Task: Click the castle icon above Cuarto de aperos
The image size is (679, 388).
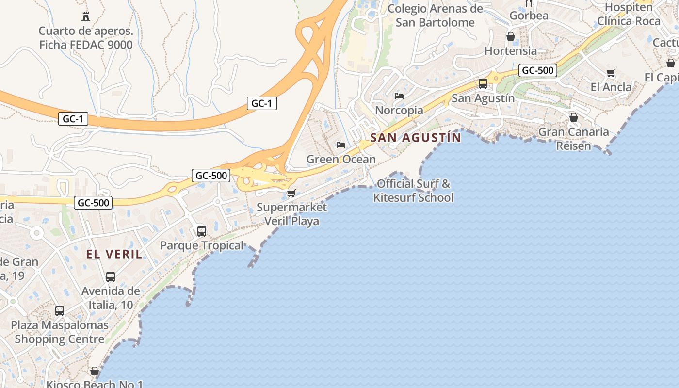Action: (86, 16)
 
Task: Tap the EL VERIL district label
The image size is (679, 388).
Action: (114, 254)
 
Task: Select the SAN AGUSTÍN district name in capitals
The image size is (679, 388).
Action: (416, 138)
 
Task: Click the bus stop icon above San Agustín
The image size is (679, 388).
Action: (483, 83)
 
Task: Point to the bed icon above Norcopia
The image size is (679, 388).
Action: (399, 96)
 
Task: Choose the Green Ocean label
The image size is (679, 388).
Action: (341, 159)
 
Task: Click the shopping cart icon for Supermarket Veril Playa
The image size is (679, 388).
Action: (291, 193)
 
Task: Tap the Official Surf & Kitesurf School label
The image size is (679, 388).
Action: (413, 191)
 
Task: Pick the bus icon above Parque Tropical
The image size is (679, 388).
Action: (202, 231)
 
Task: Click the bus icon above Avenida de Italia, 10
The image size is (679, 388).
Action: (111, 277)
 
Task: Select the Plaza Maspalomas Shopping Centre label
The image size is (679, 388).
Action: (60, 332)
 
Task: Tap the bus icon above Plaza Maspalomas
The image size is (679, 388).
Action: (60, 311)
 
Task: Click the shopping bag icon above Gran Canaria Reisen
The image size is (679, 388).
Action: (574, 117)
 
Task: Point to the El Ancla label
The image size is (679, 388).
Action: (611, 87)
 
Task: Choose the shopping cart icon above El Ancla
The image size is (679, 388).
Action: (611, 73)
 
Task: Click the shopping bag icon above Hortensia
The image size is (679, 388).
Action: (511, 36)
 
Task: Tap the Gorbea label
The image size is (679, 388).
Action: (529, 16)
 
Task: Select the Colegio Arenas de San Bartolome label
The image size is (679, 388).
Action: (435, 16)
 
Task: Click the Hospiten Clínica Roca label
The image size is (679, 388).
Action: (629, 14)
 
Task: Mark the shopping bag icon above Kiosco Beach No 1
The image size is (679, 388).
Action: (95, 371)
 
